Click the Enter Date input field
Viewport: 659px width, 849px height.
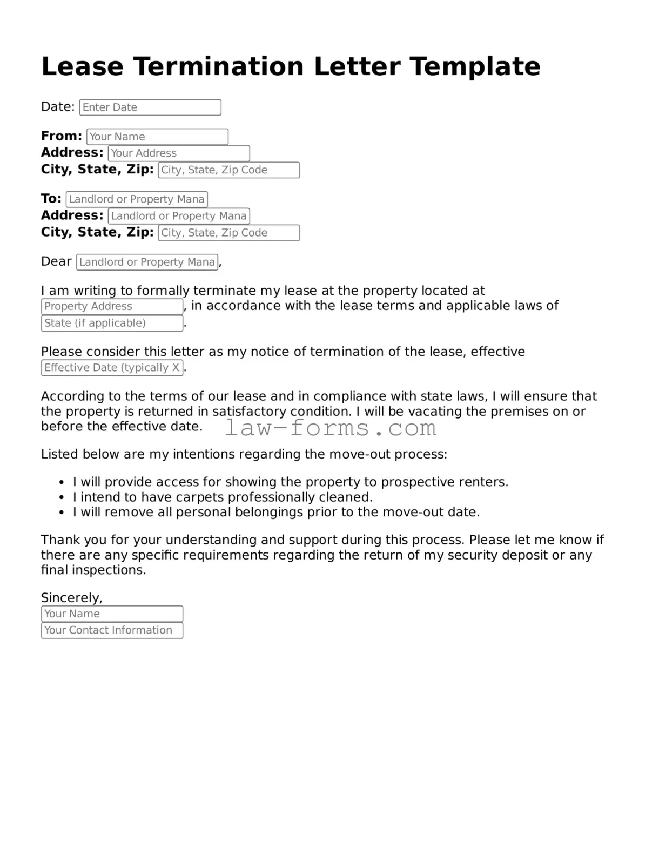click(150, 107)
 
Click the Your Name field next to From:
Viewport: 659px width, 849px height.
click(157, 137)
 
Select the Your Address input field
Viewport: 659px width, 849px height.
click(179, 153)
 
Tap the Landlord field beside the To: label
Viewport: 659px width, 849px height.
click(137, 199)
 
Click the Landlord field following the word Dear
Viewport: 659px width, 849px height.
click(147, 262)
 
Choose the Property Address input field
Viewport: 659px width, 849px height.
click(112, 307)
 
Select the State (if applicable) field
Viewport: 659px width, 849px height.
click(112, 324)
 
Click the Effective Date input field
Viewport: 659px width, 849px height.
click(112, 368)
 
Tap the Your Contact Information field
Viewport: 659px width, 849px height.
click(112, 630)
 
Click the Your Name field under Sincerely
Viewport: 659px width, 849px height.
click(112, 614)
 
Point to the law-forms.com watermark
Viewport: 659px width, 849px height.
click(331, 428)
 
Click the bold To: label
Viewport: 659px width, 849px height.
click(51, 199)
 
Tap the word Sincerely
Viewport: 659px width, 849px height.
click(71, 598)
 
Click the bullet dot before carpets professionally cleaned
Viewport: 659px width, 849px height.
click(62, 498)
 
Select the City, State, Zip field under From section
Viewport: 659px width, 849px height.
click(228, 170)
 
